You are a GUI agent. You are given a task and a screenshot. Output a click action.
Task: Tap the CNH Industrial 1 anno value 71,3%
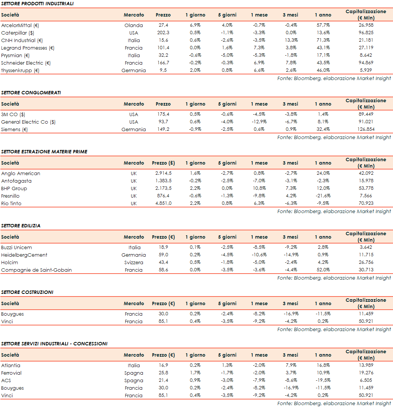coord(323,41)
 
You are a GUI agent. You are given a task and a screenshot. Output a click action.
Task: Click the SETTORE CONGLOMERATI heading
coord(31,93)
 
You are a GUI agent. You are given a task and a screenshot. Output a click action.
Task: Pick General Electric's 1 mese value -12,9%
coord(259,122)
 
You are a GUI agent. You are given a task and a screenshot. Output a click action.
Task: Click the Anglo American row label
coord(21,174)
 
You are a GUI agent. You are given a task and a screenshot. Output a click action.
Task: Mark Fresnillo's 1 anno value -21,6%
coord(323,196)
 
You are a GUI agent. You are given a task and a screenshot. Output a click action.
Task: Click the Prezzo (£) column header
coord(163,163)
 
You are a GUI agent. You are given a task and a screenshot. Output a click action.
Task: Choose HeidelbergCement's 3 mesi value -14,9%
coord(290,255)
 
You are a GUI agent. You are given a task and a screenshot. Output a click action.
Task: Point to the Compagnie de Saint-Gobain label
coord(36,270)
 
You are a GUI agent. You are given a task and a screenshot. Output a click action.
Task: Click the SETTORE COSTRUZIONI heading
coord(27,292)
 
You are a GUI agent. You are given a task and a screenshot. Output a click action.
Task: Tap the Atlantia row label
coord(11,366)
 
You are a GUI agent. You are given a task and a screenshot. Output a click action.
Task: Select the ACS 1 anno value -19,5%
coord(323,381)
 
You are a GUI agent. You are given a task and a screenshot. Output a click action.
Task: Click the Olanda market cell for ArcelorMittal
coord(134,26)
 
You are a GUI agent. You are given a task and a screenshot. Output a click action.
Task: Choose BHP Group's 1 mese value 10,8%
coord(259,189)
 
